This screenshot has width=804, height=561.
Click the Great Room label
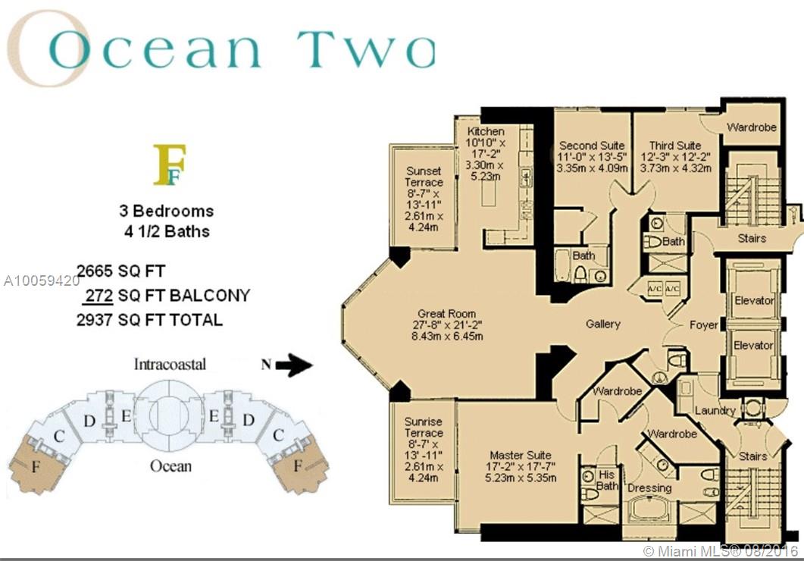click(446, 313)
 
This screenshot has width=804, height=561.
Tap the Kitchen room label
click(486, 131)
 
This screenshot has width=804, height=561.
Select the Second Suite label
click(592, 146)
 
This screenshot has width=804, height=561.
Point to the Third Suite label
click(674, 146)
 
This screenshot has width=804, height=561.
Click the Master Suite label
click(521, 455)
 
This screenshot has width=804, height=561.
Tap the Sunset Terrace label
click(424, 177)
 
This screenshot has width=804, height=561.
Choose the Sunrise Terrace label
click(423, 427)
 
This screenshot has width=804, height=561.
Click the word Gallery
click(603, 324)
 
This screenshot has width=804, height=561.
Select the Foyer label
click(703, 325)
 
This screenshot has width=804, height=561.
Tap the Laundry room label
click(715, 410)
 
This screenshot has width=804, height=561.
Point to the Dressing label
click(649, 487)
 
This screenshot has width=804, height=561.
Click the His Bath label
click(607, 480)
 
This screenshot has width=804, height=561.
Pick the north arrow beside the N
click(293, 365)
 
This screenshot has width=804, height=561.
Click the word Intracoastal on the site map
click(170, 364)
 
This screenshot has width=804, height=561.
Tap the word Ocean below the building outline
click(170, 466)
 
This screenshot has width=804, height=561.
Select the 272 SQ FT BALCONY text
click(167, 296)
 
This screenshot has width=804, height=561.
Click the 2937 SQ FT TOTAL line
click(150, 320)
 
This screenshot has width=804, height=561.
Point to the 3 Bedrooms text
click(167, 211)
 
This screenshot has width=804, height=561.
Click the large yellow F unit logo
click(169, 165)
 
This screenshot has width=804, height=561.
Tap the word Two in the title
click(366, 50)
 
